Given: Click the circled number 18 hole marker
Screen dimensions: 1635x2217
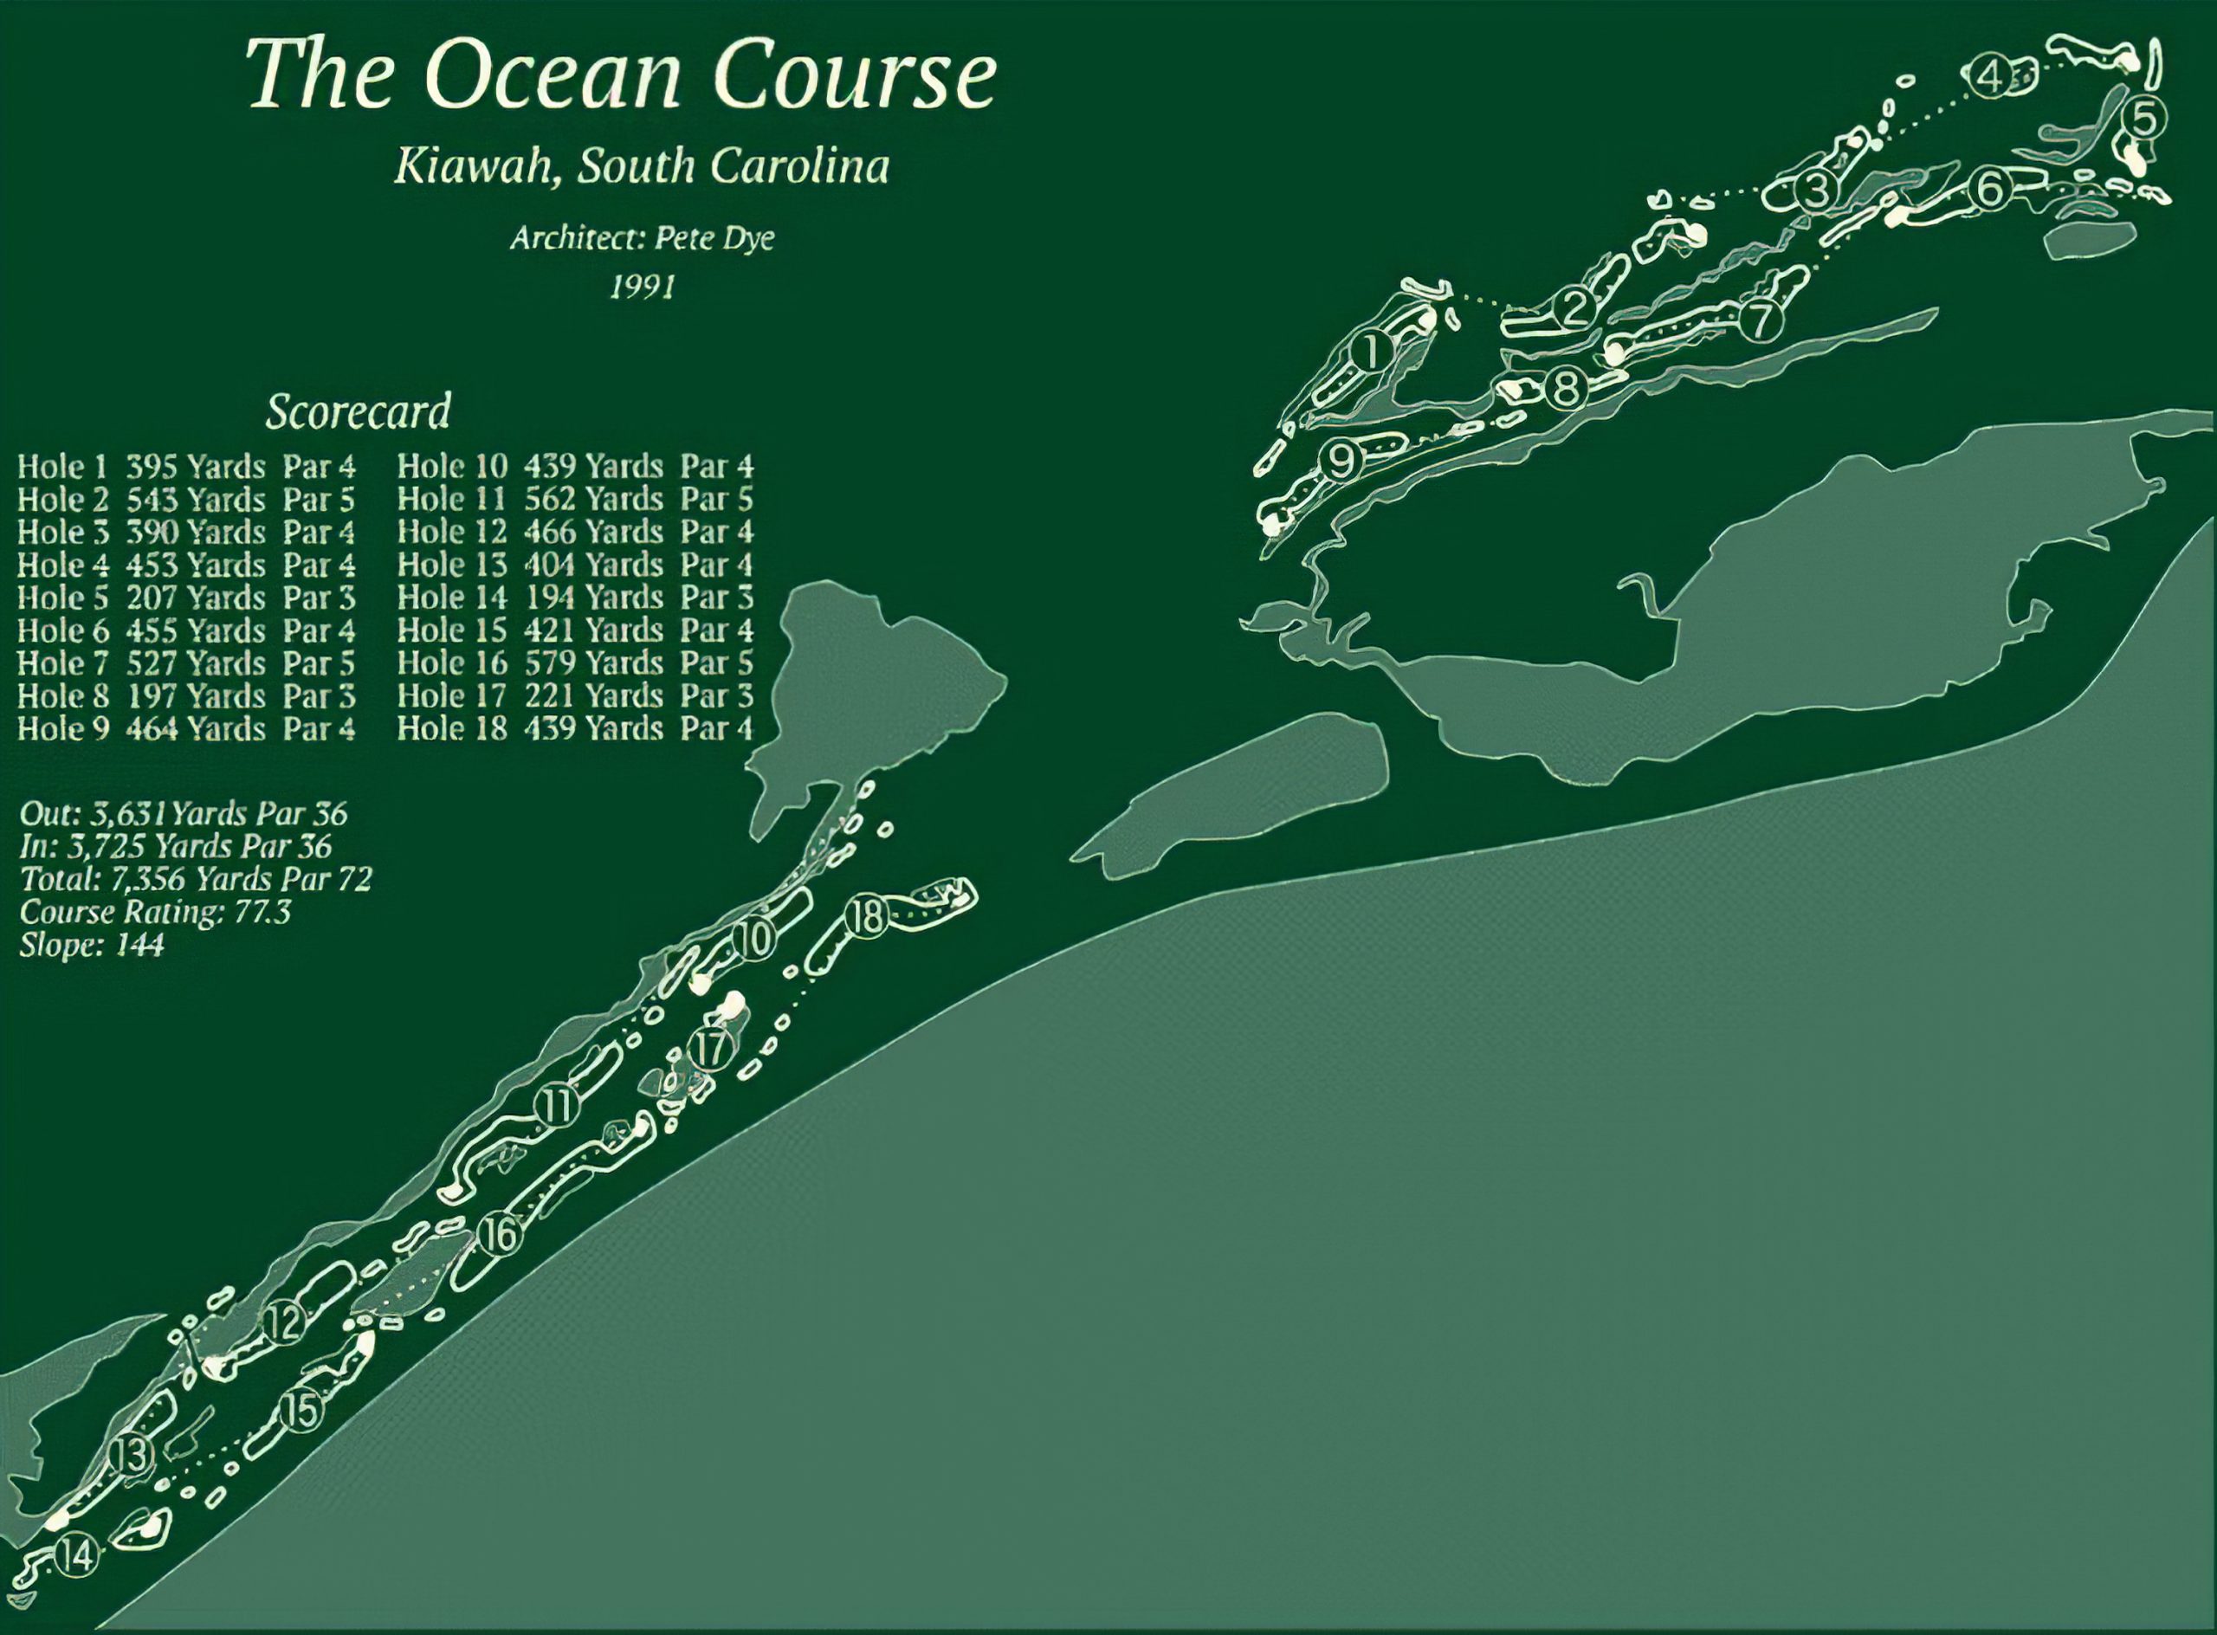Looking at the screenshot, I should coord(867,917).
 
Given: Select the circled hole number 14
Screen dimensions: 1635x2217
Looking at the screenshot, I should coord(77,1554).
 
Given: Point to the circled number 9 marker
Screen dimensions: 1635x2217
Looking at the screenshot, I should coord(1340,462).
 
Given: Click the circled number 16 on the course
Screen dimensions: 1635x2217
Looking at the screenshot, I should coord(501,1234).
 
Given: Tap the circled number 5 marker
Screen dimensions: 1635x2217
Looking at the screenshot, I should coord(2143,146).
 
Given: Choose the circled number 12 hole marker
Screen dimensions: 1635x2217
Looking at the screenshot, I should coord(283,1322).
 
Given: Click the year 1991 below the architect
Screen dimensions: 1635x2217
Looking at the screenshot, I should coord(643,286).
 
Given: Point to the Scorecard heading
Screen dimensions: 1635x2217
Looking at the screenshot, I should coord(359,410).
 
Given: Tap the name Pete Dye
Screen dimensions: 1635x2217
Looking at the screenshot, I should coord(721,238).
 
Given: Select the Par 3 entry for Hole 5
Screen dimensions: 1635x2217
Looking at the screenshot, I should coord(319,598).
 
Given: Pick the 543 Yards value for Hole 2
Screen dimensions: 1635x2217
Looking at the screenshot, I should coord(196,499).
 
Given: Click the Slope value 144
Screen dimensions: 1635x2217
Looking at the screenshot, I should coord(139,944).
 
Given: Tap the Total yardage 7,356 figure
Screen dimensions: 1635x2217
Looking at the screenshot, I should coord(151,878).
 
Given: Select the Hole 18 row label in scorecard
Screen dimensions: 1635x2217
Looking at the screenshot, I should coord(451,728).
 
